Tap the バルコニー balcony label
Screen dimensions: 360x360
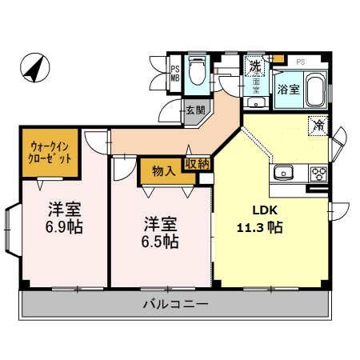(x=175, y=305)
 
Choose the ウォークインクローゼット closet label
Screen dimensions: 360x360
(x=50, y=152)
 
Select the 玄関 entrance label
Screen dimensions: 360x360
(x=196, y=110)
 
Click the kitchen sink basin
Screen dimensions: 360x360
(x=283, y=173)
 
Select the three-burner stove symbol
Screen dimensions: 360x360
(x=318, y=173)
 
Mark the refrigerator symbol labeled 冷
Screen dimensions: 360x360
(x=318, y=126)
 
